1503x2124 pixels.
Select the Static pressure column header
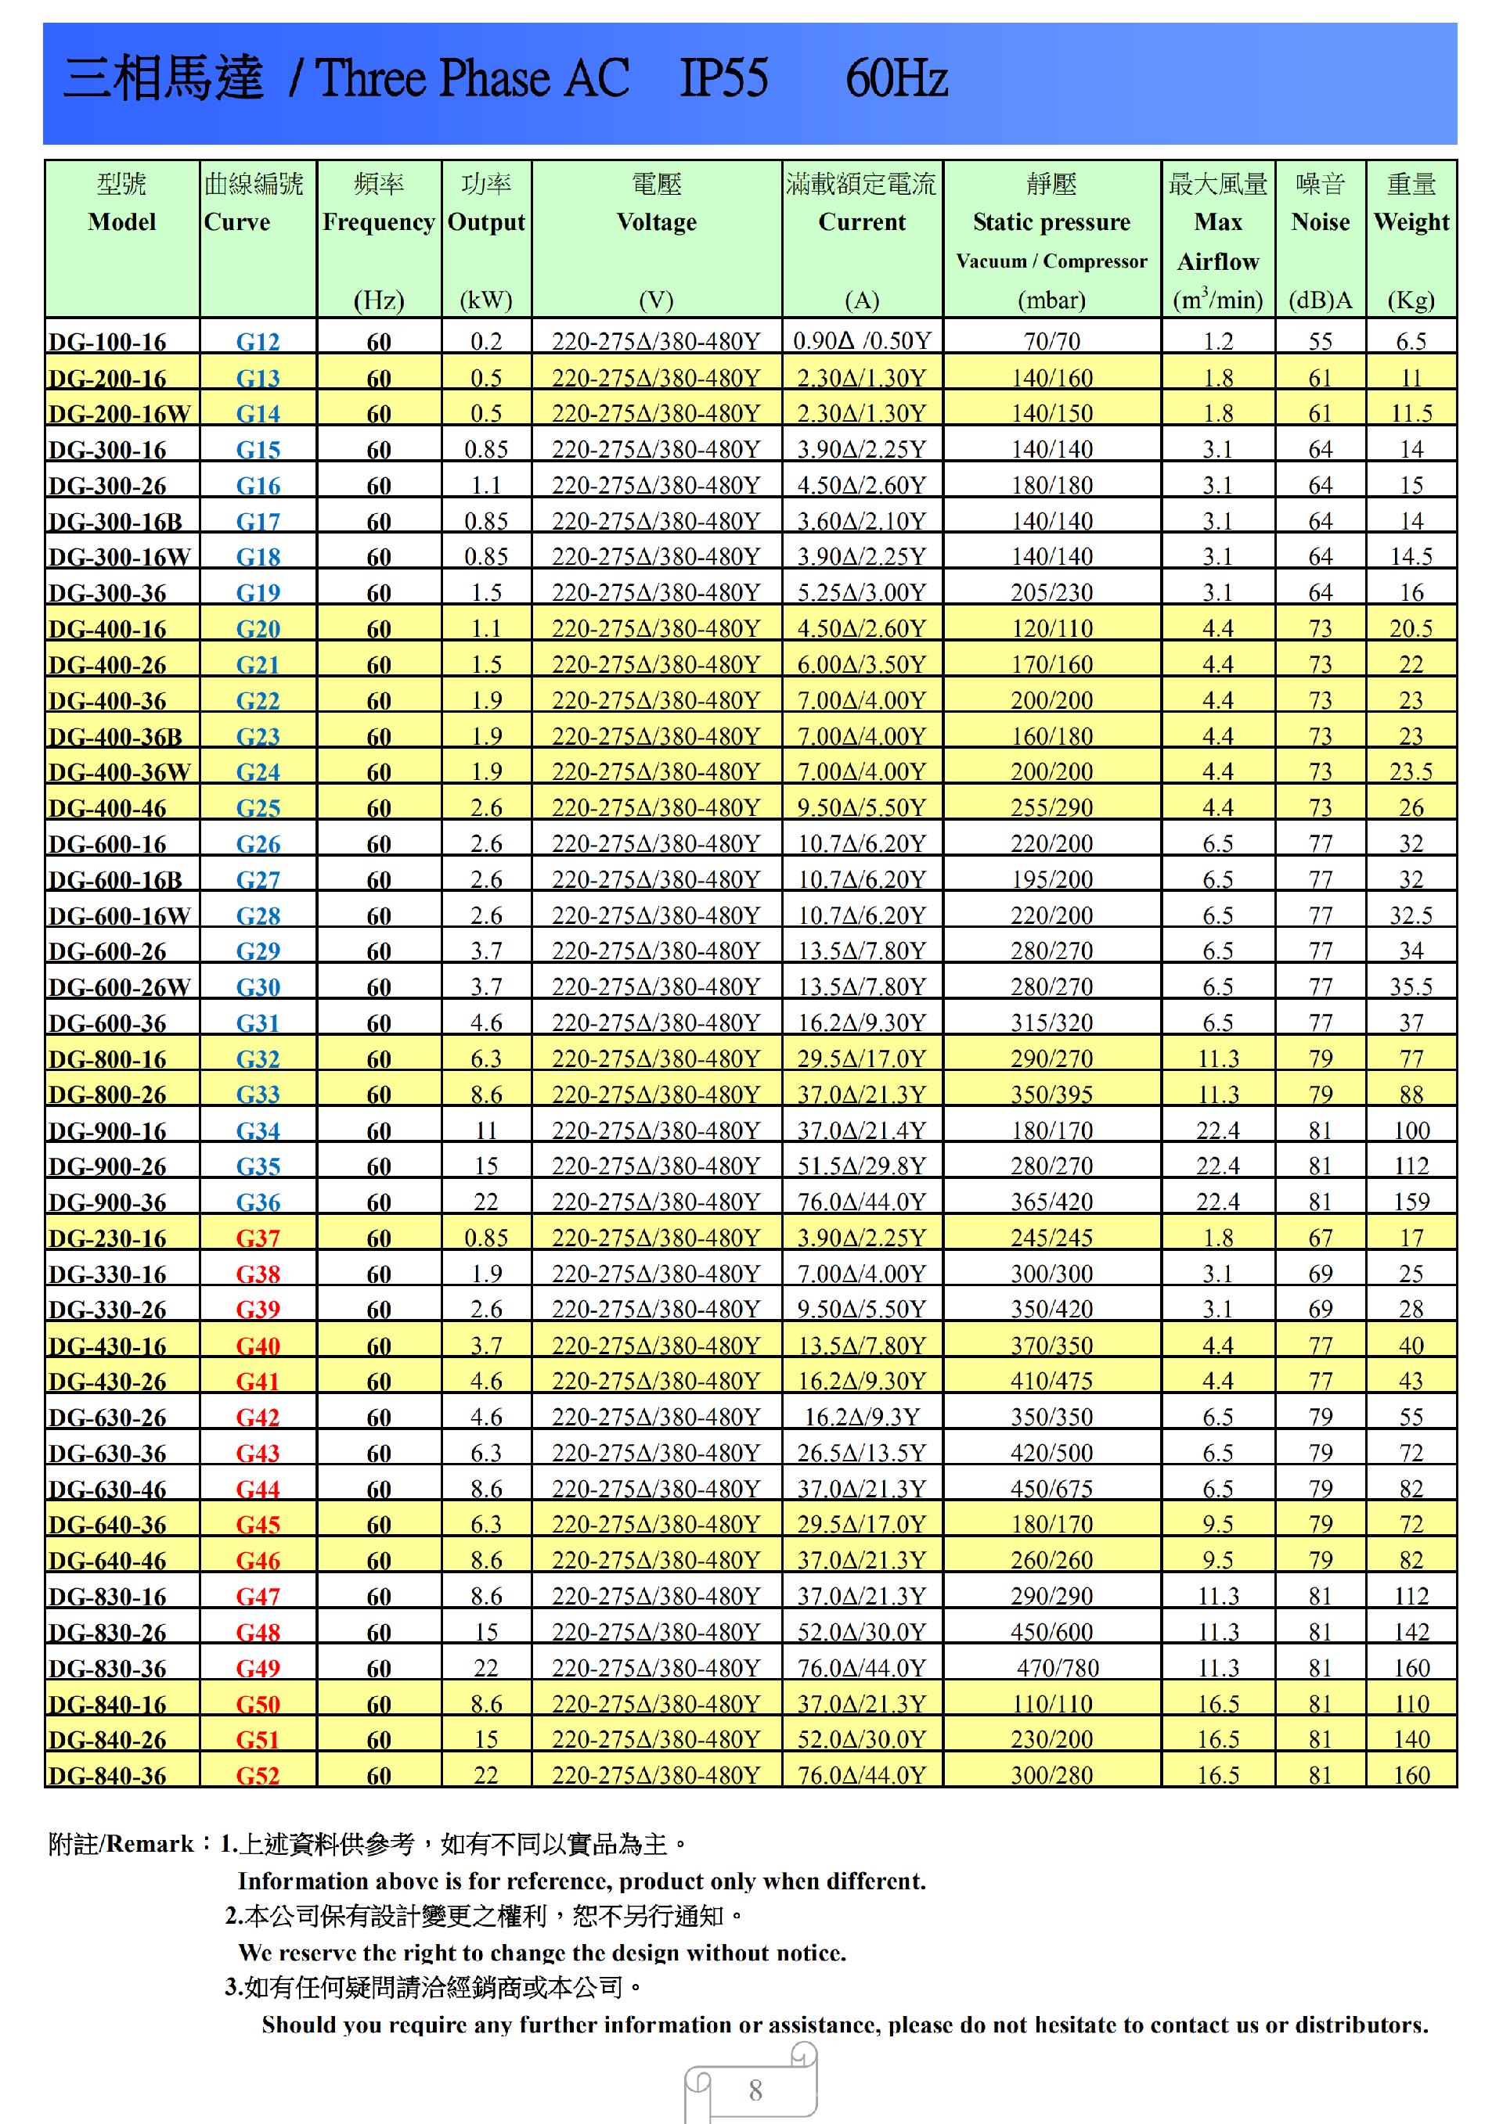(x=1051, y=222)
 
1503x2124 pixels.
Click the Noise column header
(x=1320, y=222)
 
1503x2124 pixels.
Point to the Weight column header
(x=1411, y=222)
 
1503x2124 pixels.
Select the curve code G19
(x=258, y=593)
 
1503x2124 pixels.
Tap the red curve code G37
(x=258, y=1238)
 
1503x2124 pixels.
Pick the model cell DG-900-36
(x=107, y=1202)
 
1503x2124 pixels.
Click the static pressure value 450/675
(x=1051, y=1489)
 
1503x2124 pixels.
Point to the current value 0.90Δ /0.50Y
(x=862, y=341)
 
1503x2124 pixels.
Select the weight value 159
(x=1411, y=1202)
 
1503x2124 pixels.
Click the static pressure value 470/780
(x=1057, y=1668)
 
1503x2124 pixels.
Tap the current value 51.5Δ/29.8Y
(x=862, y=1166)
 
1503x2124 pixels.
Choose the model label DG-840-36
(x=107, y=1776)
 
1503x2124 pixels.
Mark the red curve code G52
(x=258, y=1775)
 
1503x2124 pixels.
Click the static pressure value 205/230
(x=1051, y=592)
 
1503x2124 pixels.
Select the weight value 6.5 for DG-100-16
(x=1411, y=341)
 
